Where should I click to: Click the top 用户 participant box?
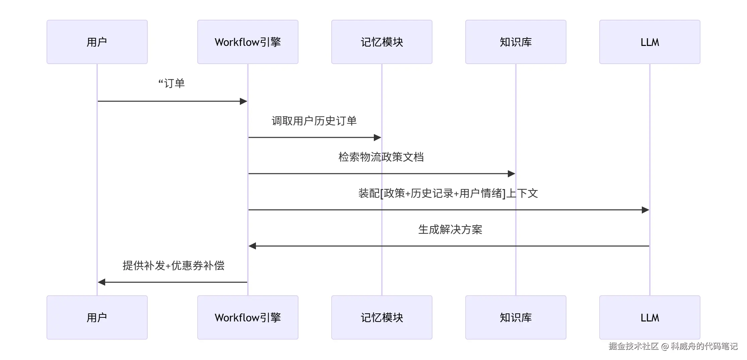(x=97, y=42)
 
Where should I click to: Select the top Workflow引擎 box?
(x=248, y=42)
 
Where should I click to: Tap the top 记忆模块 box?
(x=382, y=42)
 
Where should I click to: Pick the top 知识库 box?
(x=516, y=42)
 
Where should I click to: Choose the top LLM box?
(x=650, y=42)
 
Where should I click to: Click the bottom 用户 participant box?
(x=97, y=317)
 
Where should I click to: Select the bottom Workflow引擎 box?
(x=248, y=317)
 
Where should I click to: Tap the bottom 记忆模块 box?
(x=382, y=317)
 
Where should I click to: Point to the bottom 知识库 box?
(x=516, y=317)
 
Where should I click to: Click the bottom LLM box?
(x=650, y=317)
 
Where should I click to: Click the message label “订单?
(x=172, y=83)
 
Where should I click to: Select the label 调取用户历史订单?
(x=314, y=121)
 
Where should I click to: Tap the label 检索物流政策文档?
(x=381, y=157)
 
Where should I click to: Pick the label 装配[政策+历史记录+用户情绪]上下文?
(x=448, y=193)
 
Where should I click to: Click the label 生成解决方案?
(x=450, y=230)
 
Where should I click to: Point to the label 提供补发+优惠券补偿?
(x=174, y=266)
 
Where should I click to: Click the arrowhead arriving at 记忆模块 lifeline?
(x=378, y=137)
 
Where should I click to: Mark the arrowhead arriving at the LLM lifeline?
(x=645, y=210)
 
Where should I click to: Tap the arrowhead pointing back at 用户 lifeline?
(x=101, y=282)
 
